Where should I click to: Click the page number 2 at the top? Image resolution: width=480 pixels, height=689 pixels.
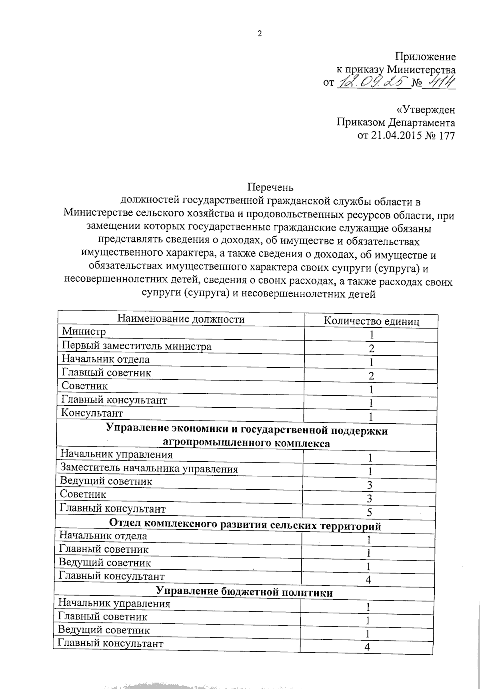pos(259,34)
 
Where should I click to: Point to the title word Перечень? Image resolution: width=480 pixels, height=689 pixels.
pos(270,187)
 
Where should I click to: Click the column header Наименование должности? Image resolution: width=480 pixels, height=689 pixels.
pos(180,319)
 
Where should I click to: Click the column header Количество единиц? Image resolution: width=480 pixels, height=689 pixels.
pos(371,321)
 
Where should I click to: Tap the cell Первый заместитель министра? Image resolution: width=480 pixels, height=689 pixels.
pos(136,346)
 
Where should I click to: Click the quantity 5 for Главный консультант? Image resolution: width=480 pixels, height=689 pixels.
pos(369,513)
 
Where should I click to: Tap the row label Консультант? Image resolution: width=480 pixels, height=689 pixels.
pos(92,413)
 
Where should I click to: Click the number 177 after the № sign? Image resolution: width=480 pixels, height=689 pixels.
pos(446,135)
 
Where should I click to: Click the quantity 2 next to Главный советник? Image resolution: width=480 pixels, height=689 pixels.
pos(371,375)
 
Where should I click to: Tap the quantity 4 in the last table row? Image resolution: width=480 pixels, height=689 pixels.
pos(367,647)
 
